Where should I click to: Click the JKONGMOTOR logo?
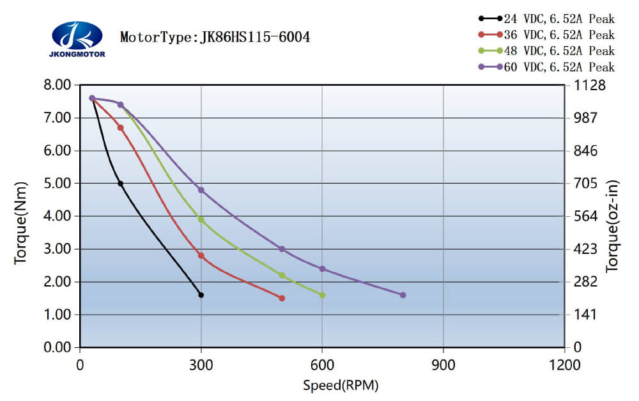tap(77, 38)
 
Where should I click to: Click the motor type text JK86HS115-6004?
tap(215, 37)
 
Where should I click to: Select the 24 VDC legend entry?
tap(546, 19)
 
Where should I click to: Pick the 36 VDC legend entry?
tap(546, 35)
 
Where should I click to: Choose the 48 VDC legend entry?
tap(546, 51)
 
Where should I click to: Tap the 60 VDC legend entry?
tap(546, 67)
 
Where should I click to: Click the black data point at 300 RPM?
tap(201, 295)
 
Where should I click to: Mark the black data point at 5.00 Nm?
tap(120, 184)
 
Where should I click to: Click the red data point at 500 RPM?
tap(282, 298)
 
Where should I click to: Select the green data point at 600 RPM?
tap(322, 295)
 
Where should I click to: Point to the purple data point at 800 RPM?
tap(403, 295)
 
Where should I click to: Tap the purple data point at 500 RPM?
tap(282, 249)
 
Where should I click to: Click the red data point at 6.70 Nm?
tap(120, 128)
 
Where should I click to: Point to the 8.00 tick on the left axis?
tap(58, 85)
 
